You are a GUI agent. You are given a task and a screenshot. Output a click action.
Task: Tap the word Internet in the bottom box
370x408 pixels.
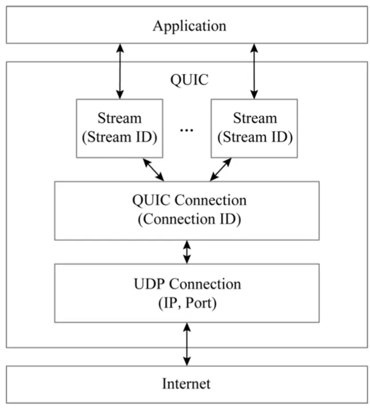click(186, 383)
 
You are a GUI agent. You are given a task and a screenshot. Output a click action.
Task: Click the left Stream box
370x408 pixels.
click(120, 128)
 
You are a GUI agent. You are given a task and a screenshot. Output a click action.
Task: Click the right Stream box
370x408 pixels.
click(254, 128)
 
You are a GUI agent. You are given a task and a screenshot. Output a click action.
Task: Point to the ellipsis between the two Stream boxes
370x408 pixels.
click(186, 130)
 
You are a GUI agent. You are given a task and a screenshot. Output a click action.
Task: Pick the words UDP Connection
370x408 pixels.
click(186, 284)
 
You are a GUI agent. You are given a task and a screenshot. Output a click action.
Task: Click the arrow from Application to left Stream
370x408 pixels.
click(120, 71)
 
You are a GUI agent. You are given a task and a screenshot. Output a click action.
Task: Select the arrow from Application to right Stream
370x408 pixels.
click(254, 71)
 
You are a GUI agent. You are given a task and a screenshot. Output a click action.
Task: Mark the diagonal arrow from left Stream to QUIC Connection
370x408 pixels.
click(153, 169)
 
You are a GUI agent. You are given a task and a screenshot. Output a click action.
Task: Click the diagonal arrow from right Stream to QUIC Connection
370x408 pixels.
click(221, 169)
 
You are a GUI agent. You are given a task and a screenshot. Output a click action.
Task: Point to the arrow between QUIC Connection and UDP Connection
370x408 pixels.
click(186, 252)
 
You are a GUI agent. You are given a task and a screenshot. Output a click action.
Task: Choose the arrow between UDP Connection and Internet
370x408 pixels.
click(186, 344)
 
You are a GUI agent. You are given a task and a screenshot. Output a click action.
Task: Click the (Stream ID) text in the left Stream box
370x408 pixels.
click(120, 137)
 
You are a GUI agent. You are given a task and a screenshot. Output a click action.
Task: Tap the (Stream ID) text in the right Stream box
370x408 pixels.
click(254, 137)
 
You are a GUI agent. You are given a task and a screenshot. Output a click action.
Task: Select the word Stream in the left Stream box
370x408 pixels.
click(120, 119)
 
